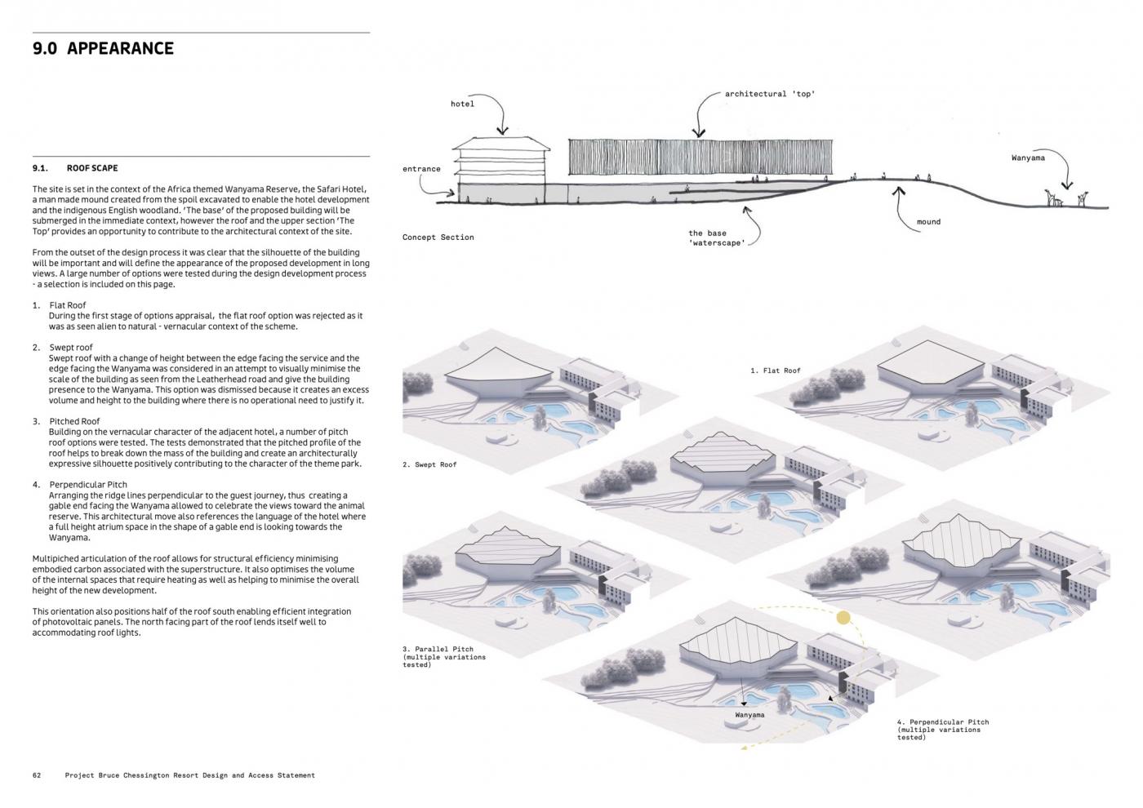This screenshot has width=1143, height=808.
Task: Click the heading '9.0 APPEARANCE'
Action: [x=103, y=48]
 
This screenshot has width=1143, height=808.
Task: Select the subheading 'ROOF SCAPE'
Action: [x=92, y=168]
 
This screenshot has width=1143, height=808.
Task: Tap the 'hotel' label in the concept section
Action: [x=462, y=104]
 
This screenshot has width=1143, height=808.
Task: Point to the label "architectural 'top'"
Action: [x=769, y=94]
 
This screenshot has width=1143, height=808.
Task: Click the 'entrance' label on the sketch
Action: [x=421, y=169]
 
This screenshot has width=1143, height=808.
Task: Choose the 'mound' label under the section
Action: [x=928, y=222]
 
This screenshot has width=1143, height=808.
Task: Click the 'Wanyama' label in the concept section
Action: [x=1028, y=158]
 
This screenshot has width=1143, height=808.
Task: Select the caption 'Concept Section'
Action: [x=438, y=238]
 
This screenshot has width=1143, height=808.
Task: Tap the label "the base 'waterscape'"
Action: [x=716, y=238]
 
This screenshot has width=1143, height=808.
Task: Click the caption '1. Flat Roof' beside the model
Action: [x=776, y=371]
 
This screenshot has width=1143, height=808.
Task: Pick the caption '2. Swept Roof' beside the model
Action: [x=429, y=464]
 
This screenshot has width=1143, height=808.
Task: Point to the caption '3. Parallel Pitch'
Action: [x=438, y=650]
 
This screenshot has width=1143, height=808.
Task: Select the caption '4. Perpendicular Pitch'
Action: [x=943, y=722]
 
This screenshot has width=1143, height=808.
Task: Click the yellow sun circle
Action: [x=843, y=619]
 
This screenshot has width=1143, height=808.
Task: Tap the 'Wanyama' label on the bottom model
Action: [x=749, y=715]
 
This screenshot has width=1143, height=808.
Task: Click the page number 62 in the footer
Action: [x=37, y=775]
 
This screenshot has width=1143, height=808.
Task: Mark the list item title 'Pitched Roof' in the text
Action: [x=74, y=421]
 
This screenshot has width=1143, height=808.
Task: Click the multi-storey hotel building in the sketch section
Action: [x=500, y=168]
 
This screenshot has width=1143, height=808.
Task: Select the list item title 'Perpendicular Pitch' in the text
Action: [x=88, y=485]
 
